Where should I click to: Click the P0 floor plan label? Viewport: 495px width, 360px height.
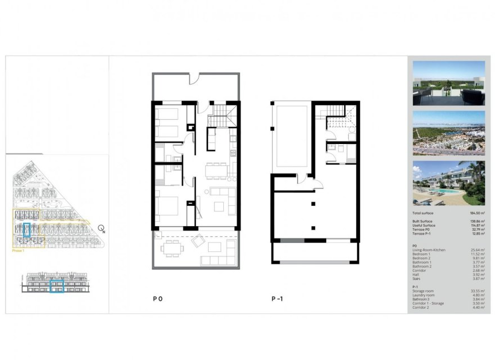click(x=157, y=299)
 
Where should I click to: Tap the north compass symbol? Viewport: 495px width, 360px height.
click(x=101, y=228)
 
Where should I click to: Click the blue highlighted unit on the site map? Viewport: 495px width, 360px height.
click(x=26, y=229)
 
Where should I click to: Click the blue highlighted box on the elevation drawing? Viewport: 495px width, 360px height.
click(x=56, y=287)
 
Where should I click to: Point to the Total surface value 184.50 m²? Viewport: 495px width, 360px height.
click(x=476, y=214)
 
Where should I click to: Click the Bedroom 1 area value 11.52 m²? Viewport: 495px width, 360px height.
click(x=477, y=254)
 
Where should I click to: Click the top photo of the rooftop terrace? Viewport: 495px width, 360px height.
click(x=448, y=83)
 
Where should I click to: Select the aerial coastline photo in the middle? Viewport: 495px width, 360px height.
click(x=448, y=133)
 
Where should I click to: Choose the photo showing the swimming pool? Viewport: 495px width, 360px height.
click(x=448, y=183)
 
